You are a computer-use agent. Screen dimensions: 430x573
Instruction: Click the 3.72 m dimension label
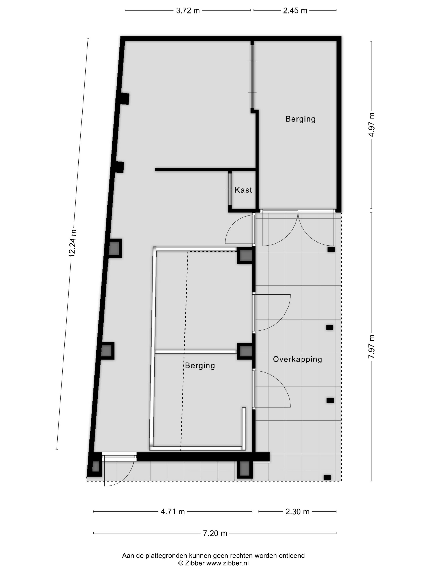click(188, 11)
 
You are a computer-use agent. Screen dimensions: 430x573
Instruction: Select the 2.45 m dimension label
click(295, 11)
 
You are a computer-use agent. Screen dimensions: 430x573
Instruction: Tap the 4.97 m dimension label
click(371, 125)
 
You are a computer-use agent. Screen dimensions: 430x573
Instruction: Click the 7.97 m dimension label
click(371, 346)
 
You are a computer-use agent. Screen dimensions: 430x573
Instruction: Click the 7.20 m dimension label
click(215, 533)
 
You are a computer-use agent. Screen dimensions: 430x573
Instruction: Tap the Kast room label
click(243, 190)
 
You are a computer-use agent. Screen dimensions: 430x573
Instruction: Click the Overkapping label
click(298, 360)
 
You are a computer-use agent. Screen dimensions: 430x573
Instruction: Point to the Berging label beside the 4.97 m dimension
click(300, 119)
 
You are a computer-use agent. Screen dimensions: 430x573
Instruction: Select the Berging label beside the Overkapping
click(200, 366)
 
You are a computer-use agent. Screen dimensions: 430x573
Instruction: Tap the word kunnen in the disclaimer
click(200, 555)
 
